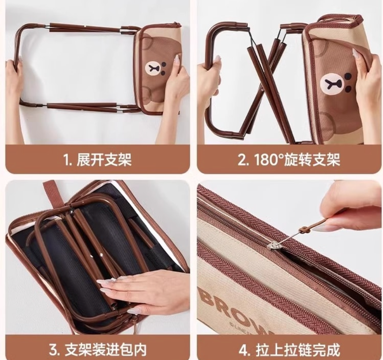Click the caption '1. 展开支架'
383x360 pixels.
pos(97,159)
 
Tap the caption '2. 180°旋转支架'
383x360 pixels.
pos(289,159)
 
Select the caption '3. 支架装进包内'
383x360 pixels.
pos(98,349)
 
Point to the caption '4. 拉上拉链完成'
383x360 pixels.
pos(289,349)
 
